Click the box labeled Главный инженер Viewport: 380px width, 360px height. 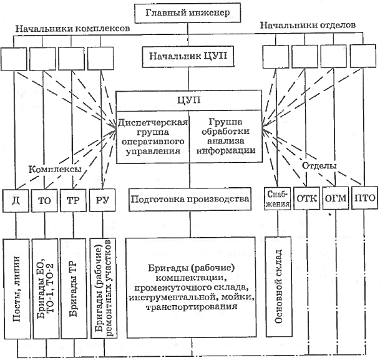[190, 12]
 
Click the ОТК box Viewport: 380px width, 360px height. [308, 200]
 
